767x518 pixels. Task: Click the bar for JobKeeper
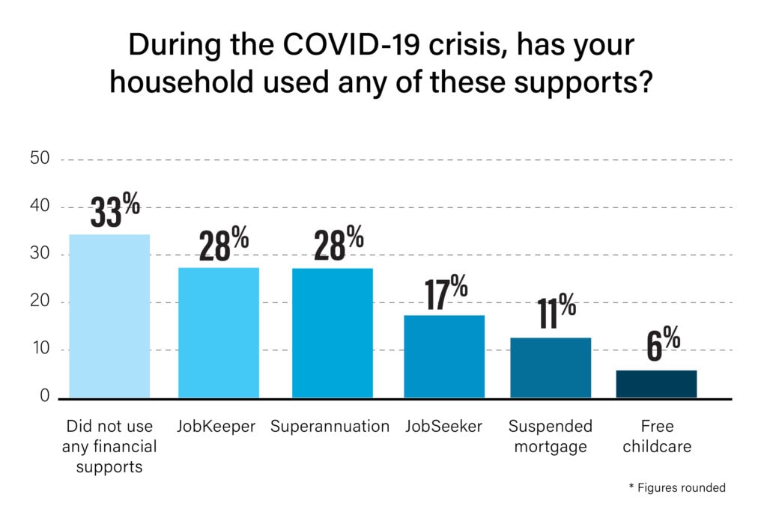(x=219, y=333)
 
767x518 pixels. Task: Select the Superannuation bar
(x=333, y=333)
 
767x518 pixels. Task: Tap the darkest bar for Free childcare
(x=656, y=384)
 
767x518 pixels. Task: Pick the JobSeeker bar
(x=444, y=357)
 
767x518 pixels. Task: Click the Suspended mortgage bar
(x=551, y=368)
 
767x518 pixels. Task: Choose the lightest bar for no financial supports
(x=109, y=316)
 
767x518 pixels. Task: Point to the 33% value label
(x=115, y=210)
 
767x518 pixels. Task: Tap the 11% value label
(x=557, y=311)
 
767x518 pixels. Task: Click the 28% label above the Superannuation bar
(x=339, y=243)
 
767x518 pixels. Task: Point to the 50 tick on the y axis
(x=40, y=158)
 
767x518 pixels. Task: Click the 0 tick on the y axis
(x=44, y=395)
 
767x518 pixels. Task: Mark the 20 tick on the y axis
(x=40, y=300)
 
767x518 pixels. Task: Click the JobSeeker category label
(x=443, y=427)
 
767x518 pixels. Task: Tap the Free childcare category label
(x=657, y=436)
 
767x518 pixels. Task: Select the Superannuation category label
(x=330, y=427)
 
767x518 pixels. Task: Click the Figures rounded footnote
(x=677, y=487)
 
